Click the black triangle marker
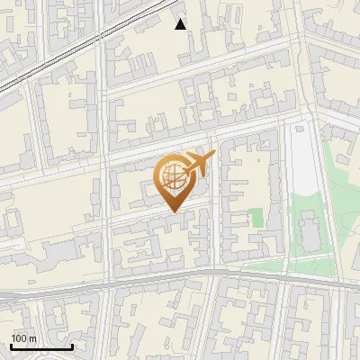point(181,24)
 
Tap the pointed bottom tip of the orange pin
point(173,211)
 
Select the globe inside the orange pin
point(172,177)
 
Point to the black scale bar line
point(41,347)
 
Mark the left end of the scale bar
point(11,347)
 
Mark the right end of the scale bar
point(72,347)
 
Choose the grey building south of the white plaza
point(310,230)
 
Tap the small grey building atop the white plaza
point(298,129)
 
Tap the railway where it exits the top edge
point(171,3)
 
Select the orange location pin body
point(173,181)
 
